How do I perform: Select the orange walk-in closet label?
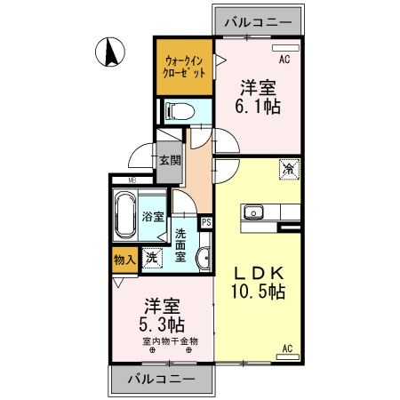[x=185, y=68]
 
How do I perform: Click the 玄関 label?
[x=170, y=161]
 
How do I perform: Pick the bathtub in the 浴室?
[x=125, y=216]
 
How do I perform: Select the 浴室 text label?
[x=152, y=216]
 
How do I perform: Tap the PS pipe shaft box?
[x=206, y=223]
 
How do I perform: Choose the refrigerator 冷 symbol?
[x=290, y=166]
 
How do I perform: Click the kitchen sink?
[x=252, y=212]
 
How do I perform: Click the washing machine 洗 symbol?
[x=151, y=258]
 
